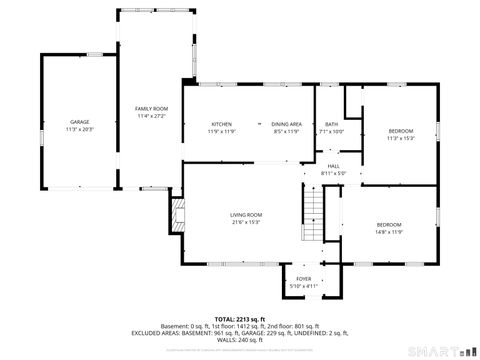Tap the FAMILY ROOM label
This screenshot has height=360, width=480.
(152, 108)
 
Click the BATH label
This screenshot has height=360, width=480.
(331, 123)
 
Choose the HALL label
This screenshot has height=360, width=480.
(333, 166)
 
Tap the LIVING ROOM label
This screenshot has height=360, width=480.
(246, 215)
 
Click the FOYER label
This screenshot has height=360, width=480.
(303, 279)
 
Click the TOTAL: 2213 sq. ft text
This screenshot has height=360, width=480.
(240, 319)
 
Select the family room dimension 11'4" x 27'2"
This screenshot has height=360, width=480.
(152, 116)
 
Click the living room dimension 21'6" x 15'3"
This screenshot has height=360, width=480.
(246, 222)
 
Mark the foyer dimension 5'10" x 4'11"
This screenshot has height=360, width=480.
(303, 286)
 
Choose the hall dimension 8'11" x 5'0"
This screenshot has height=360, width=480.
(333, 173)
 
